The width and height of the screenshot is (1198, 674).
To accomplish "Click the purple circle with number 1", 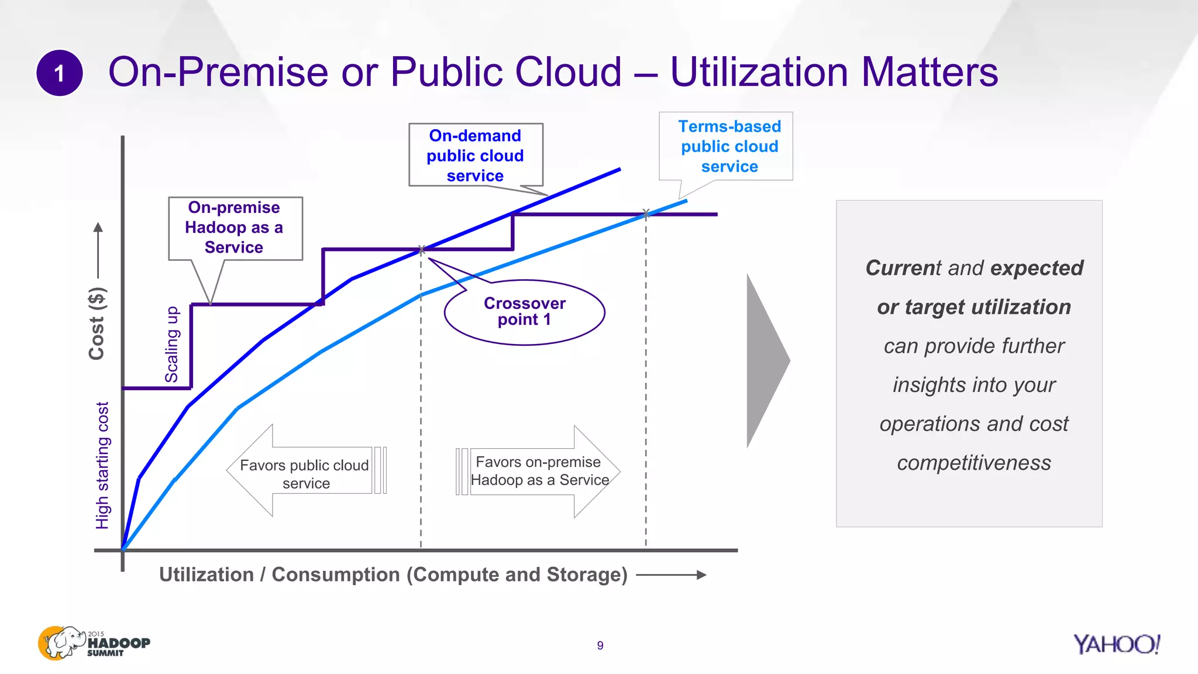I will (59, 73).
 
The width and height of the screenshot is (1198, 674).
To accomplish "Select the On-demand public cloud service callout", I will (475, 155).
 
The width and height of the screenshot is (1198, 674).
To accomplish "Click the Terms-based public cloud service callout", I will (729, 146).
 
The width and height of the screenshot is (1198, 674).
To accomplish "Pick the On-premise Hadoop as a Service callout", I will (235, 228).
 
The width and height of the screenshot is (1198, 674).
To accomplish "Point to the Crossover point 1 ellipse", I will (524, 312).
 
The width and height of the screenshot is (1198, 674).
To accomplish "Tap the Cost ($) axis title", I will (97, 323).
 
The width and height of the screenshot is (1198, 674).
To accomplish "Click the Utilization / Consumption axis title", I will (393, 575).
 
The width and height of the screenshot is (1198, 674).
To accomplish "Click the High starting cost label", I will (102, 465).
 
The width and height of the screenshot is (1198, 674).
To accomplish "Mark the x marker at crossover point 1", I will (421, 250).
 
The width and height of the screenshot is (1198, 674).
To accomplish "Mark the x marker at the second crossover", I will (646, 214).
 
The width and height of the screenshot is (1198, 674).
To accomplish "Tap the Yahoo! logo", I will (1116, 644).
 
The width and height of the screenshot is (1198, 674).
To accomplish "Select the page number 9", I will (600, 645).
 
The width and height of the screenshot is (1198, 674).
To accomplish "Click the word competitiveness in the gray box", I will (974, 463).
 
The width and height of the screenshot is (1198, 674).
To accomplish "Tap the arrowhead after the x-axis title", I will (701, 575).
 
